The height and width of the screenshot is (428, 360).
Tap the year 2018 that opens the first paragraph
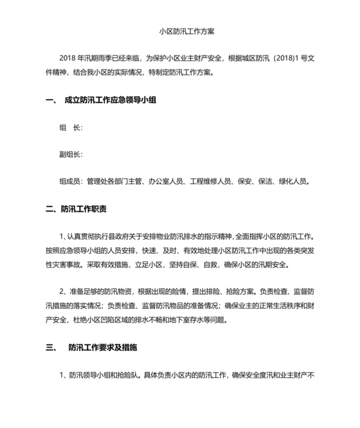(x=66, y=59)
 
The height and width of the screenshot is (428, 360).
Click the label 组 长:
(x=70, y=127)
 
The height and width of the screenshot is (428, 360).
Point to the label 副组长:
(x=70, y=154)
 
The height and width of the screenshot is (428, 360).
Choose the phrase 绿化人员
(x=296, y=181)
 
